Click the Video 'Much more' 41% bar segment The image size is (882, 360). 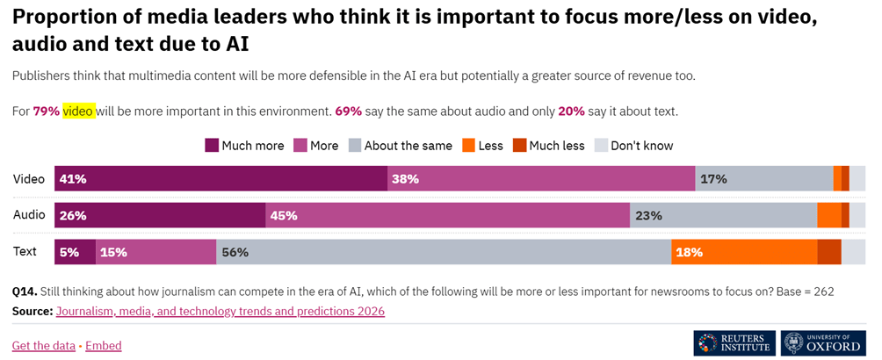click(220, 178)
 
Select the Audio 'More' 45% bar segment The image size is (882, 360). click(447, 215)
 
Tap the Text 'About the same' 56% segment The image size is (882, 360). click(444, 252)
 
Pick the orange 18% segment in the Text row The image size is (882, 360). click(744, 252)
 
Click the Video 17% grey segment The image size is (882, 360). click(764, 178)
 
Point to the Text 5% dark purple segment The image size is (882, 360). click(75, 252)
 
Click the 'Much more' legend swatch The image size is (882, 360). click(212, 146)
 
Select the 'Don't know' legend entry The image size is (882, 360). click(634, 146)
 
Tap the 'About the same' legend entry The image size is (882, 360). click(400, 146)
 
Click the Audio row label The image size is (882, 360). click(29, 215)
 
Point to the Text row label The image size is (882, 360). click(25, 252)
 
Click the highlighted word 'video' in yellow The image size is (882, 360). click(78, 112)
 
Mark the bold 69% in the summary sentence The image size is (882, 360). click(349, 112)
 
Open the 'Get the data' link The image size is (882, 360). click(44, 346)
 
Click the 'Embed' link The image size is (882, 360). click(104, 346)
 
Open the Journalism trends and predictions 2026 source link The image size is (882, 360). click(220, 312)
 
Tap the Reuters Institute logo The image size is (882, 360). click(734, 343)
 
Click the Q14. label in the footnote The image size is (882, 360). click(25, 292)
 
